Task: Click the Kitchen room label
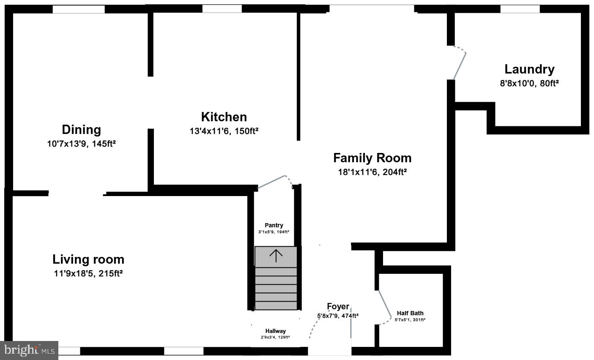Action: coord(224,117)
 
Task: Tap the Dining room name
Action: coord(81,130)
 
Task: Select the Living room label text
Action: coord(88,259)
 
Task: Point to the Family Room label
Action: coord(372,158)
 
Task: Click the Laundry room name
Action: coord(529,69)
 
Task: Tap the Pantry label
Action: coord(274,225)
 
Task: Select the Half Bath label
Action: coord(410,313)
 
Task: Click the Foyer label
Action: coord(338,306)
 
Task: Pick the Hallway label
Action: coord(275,331)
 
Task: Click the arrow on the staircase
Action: coord(276,256)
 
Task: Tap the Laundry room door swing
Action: coord(460,63)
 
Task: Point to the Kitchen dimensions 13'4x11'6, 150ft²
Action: coord(224,131)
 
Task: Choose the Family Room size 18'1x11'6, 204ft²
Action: coord(372,172)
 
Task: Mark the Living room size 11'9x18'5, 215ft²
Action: coord(88,273)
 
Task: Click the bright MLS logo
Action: coord(29,350)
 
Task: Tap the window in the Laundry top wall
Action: coord(520,9)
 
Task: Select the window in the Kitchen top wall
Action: coord(222,8)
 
